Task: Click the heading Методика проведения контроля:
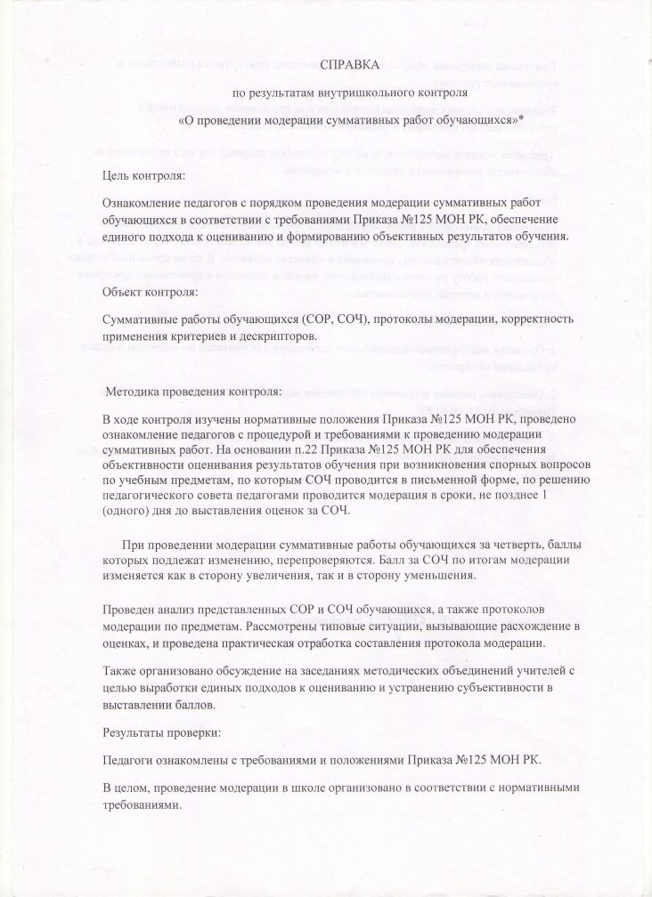pos(193,391)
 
